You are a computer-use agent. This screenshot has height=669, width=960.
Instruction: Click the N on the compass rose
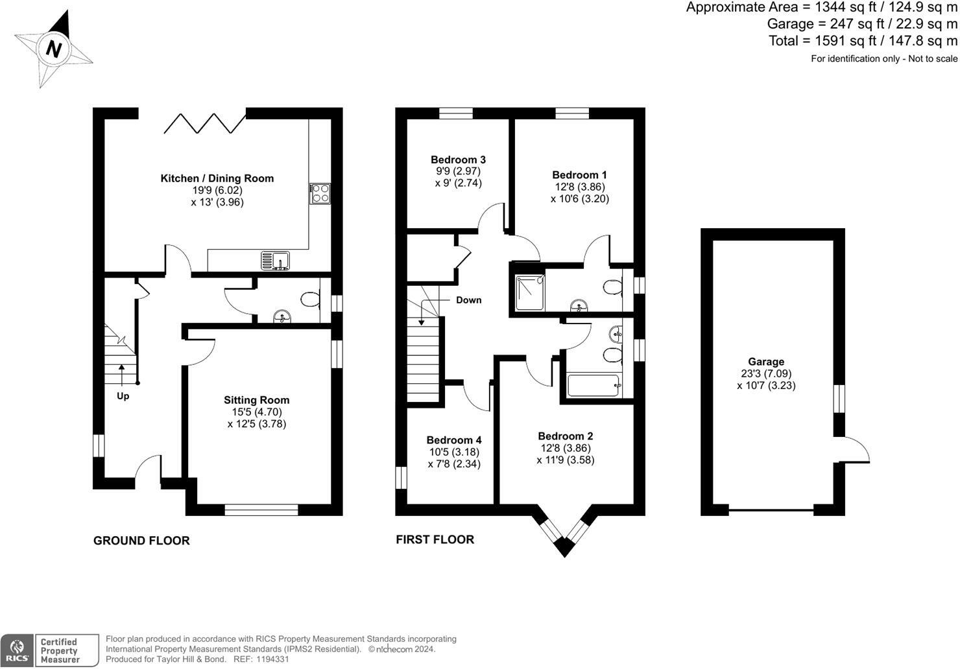tap(54, 49)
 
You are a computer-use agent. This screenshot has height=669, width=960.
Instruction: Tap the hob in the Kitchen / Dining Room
tap(320, 194)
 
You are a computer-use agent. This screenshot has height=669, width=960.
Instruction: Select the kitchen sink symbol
tap(275, 261)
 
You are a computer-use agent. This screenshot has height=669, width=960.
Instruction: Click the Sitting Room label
tap(257, 400)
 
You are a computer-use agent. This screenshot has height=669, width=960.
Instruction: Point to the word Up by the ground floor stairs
tap(123, 396)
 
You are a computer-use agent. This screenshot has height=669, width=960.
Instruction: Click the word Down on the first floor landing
tap(468, 300)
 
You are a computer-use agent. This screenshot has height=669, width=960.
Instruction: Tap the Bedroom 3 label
tap(458, 159)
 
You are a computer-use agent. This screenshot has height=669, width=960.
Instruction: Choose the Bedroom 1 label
tap(579, 175)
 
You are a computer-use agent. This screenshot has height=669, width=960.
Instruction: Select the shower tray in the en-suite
tap(530, 292)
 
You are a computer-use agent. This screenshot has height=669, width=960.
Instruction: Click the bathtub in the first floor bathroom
tap(594, 386)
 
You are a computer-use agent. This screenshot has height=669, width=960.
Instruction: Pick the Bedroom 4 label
tap(454, 440)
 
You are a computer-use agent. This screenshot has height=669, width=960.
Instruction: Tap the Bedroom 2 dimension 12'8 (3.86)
tap(565, 448)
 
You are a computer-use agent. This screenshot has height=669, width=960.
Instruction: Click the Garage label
tap(766, 362)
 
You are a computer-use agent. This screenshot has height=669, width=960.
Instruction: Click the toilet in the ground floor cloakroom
tap(310, 299)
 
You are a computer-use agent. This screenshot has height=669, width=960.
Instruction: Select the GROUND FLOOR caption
tap(141, 541)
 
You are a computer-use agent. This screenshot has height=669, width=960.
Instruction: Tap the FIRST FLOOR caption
tap(435, 539)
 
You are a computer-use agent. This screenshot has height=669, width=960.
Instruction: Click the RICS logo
tap(17, 651)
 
